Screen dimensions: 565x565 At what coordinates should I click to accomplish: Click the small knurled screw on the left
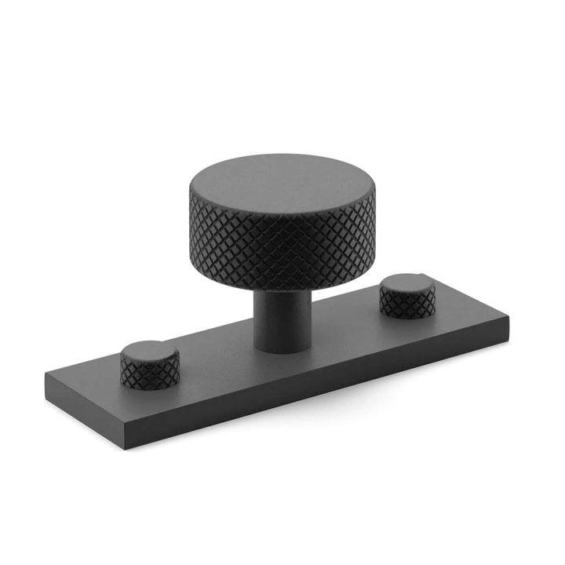pyautogui.click(x=149, y=363)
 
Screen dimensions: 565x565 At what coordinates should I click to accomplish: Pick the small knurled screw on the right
pyautogui.click(x=407, y=295)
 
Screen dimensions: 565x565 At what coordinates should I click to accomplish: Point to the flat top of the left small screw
pyautogui.click(x=149, y=351)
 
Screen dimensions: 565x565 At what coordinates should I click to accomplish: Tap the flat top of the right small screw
pyautogui.click(x=408, y=283)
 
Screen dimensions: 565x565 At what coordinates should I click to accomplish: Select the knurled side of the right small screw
pyautogui.click(x=406, y=304)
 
